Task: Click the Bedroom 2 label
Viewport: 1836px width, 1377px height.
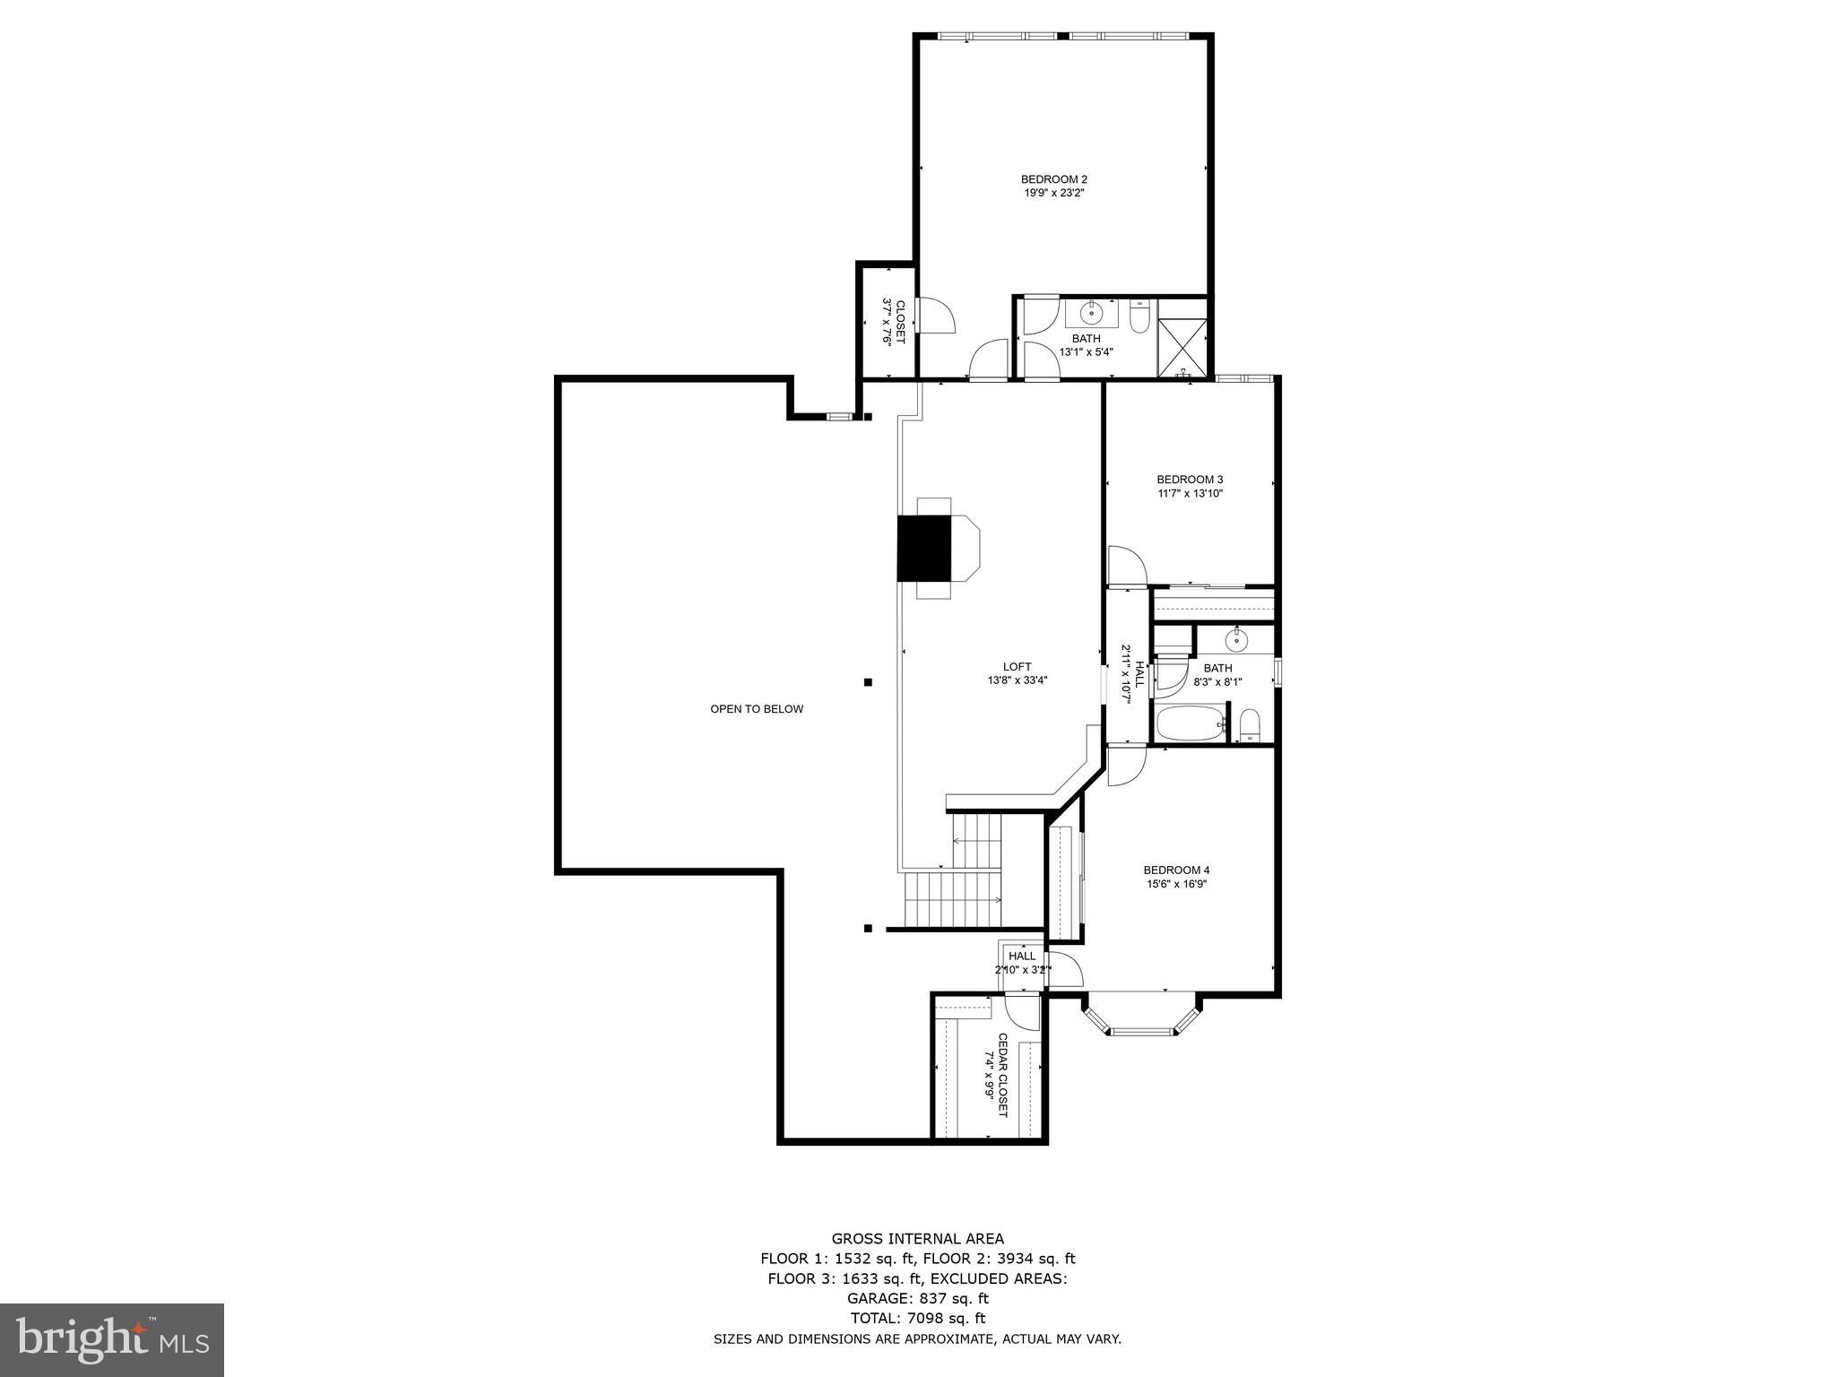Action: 1053,179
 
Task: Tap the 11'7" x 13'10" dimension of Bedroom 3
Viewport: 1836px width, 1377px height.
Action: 1190,493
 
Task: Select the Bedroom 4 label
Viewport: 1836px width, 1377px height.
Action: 1176,870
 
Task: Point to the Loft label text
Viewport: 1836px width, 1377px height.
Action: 1017,666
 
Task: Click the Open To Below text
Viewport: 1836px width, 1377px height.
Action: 757,709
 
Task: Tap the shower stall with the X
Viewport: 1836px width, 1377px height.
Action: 1182,336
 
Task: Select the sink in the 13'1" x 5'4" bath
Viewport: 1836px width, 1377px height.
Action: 1091,314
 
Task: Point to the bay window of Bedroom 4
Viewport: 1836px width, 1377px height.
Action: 1140,1018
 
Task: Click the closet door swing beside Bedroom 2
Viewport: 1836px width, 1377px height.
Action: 935,315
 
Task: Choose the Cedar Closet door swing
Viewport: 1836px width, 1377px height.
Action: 1022,1011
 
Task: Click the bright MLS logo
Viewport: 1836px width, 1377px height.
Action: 112,1340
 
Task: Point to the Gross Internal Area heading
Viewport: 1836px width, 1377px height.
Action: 917,1239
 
